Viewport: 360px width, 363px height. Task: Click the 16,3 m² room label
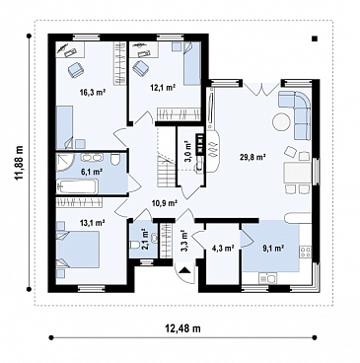pyautogui.click(x=92, y=92)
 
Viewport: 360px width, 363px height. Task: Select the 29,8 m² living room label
pyautogui.click(x=252, y=157)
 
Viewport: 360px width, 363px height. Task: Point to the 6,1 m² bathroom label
pyautogui.click(x=92, y=171)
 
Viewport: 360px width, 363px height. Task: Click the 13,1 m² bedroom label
pyautogui.click(x=92, y=223)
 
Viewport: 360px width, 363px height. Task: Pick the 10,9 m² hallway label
pyautogui.click(x=165, y=203)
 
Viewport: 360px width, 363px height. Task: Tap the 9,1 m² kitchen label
pyautogui.click(x=273, y=248)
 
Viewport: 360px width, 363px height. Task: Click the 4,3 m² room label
pyautogui.click(x=223, y=248)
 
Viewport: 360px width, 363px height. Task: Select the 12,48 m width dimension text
pyautogui.click(x=183, y=327)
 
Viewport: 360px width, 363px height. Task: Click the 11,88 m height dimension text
pyautogui.click(x=20, y=163)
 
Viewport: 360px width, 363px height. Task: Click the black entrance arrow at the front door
pyautogui.click(x=184, y=270)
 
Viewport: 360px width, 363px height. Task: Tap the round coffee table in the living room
pyautogui.click(x=281, y=122)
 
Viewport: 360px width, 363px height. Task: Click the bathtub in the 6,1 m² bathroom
pyautogui.click(x=77, y=186)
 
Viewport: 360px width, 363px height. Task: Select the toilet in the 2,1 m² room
pyautogui.click(x=136, y=245)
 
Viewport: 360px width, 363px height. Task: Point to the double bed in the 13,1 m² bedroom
pyautogui.click(x=78, y=250)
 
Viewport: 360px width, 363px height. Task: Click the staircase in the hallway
pyautogui.click(x=165, y=156)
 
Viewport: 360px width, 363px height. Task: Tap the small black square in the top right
pyautogui.click(x=315, y=38)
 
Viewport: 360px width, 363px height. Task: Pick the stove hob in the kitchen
pyautogui.click(x=306, y=253)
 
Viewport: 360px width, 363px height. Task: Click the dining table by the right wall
pyautogui.click(x=298, y=173)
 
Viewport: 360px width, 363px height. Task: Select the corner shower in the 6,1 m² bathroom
pyautogui.click(x=64, y=164)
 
